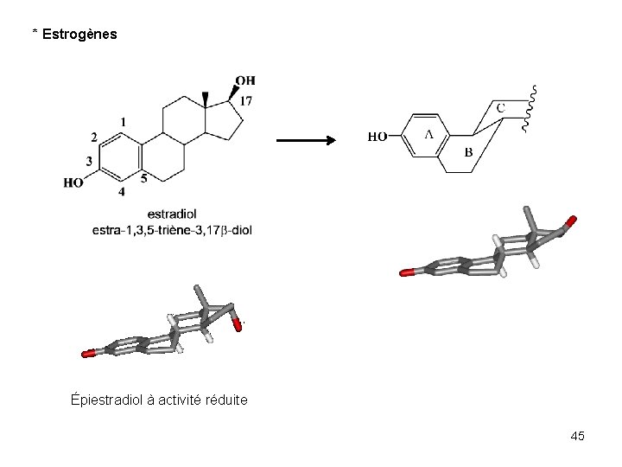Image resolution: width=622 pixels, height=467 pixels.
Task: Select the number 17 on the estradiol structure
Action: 246,101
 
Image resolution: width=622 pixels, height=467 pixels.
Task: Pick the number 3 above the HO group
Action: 89,161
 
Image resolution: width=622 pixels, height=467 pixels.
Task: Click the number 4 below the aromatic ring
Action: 121,191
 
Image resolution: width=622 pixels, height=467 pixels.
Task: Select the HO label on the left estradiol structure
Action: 74,182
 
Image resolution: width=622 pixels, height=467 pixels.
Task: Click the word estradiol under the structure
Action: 172,214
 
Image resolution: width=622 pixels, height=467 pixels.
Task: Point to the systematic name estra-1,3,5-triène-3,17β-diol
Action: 172,230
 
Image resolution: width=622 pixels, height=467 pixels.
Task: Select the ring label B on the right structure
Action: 468,152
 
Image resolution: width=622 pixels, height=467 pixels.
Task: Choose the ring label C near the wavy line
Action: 500,108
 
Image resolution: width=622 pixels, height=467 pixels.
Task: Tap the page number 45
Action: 577,436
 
